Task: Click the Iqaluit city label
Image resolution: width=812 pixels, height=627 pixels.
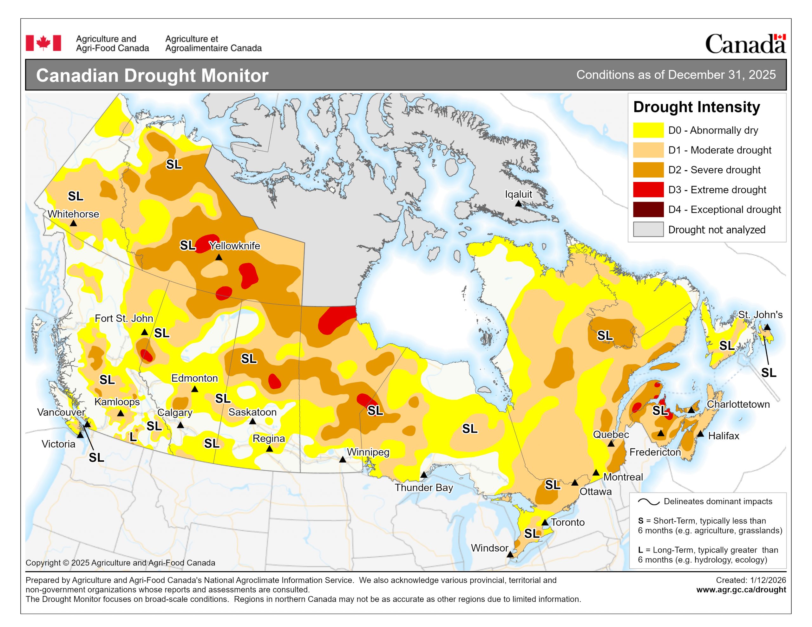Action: pos(518,194)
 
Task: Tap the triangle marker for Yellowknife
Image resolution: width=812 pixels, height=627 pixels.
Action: pos(219,257)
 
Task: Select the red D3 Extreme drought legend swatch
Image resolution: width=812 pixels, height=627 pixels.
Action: pos(648,190)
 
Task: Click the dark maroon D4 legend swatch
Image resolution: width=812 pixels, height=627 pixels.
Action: pos(648,210)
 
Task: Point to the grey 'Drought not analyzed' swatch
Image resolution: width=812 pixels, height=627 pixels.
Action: pos(648,229)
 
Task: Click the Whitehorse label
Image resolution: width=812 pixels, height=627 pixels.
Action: pos(73,214)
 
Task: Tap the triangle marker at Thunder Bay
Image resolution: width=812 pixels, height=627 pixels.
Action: pos(423,475)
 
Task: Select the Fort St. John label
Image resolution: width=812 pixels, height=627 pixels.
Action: pos(124,319)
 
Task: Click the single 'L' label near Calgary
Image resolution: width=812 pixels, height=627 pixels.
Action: pos(133,437)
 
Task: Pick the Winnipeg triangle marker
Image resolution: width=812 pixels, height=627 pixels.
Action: pos(343,460)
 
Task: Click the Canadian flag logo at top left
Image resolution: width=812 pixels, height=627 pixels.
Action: pos(43,43)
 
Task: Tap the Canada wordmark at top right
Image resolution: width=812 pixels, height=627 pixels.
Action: pos(745,44)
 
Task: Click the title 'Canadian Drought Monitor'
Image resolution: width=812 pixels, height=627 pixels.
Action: pos(152,75)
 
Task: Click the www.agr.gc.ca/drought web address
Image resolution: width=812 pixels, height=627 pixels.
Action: pos(741,590)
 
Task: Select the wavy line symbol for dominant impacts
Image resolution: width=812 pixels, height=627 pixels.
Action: pos(648,502)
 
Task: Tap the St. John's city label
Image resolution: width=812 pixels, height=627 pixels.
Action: pos(760,315)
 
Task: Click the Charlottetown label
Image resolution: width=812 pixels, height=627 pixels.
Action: pos(738,404)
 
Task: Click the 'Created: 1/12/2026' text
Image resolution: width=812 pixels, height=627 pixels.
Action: pos(751,580)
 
